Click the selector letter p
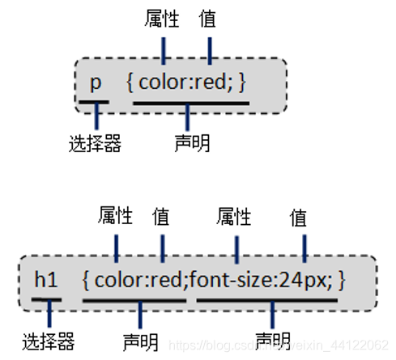[96, 83]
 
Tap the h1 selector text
[45, 281]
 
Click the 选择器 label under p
[95, 144]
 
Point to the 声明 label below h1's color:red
[140, 339]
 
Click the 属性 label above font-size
[235, 216]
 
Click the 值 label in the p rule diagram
[209, 18]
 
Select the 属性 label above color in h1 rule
[115, 216]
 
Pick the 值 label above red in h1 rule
[161, 216]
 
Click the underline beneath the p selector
[95, 102]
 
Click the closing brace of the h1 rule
[343, 281]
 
